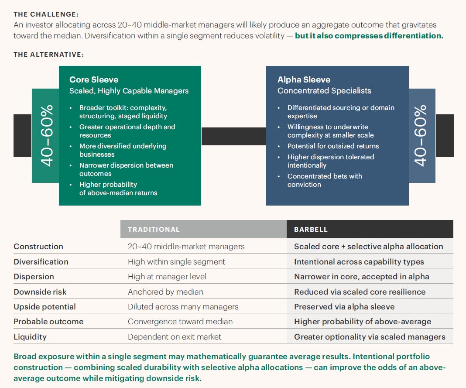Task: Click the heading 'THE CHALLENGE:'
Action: click(46, 14)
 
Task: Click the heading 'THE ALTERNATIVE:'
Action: click(49, 55)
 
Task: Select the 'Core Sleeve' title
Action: click(94, 80)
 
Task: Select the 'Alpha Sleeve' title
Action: click(304, 80)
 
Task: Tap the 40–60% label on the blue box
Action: click(420, 136)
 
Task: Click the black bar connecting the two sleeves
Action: click(233, 137)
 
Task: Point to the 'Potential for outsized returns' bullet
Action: click(333, 146)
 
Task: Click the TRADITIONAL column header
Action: click(154, 230)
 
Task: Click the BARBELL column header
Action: click(311, 230)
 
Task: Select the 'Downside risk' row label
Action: click(40, 292)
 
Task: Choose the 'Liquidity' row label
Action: click(30, 337)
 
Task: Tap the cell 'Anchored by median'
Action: click(165, 292)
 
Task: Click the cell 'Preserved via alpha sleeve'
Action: click(344, 307)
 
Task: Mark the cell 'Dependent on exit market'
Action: click(175, 337)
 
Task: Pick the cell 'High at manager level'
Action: click(167, 277)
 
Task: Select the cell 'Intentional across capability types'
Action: click(359, 262)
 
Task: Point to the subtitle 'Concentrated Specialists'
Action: click(324, 91)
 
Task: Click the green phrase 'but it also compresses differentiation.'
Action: click(369, 36)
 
